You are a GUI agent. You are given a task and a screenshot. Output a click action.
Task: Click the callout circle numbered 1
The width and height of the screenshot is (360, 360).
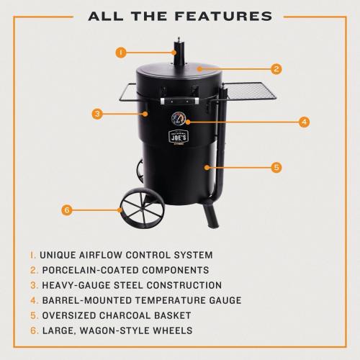(121, 52)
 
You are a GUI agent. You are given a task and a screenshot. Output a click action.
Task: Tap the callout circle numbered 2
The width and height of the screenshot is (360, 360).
(276, 70)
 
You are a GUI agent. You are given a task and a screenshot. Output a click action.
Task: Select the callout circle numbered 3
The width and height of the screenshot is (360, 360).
(97, 113)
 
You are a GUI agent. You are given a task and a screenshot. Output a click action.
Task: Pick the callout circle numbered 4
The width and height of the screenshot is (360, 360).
(305, 122)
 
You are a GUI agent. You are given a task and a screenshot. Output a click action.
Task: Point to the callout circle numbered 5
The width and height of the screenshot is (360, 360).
(276, 167)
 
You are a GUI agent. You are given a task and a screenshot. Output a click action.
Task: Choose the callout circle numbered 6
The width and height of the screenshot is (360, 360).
(67, 210)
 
